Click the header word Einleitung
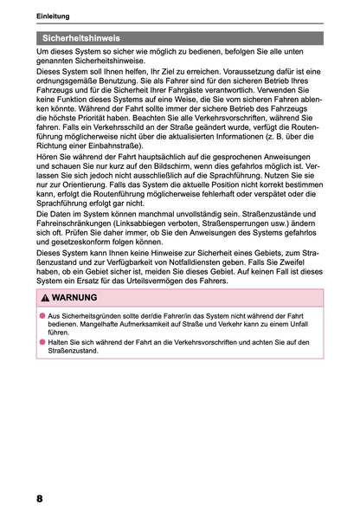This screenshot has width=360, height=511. pos(54,17)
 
